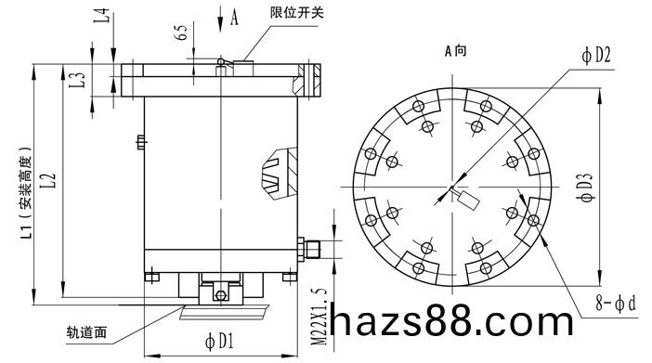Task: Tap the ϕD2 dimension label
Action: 596,55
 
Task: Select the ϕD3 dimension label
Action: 585,188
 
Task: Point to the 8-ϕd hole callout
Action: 616,304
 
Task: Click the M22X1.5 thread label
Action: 319,317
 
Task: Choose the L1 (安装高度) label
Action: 26,192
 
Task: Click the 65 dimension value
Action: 182,32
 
